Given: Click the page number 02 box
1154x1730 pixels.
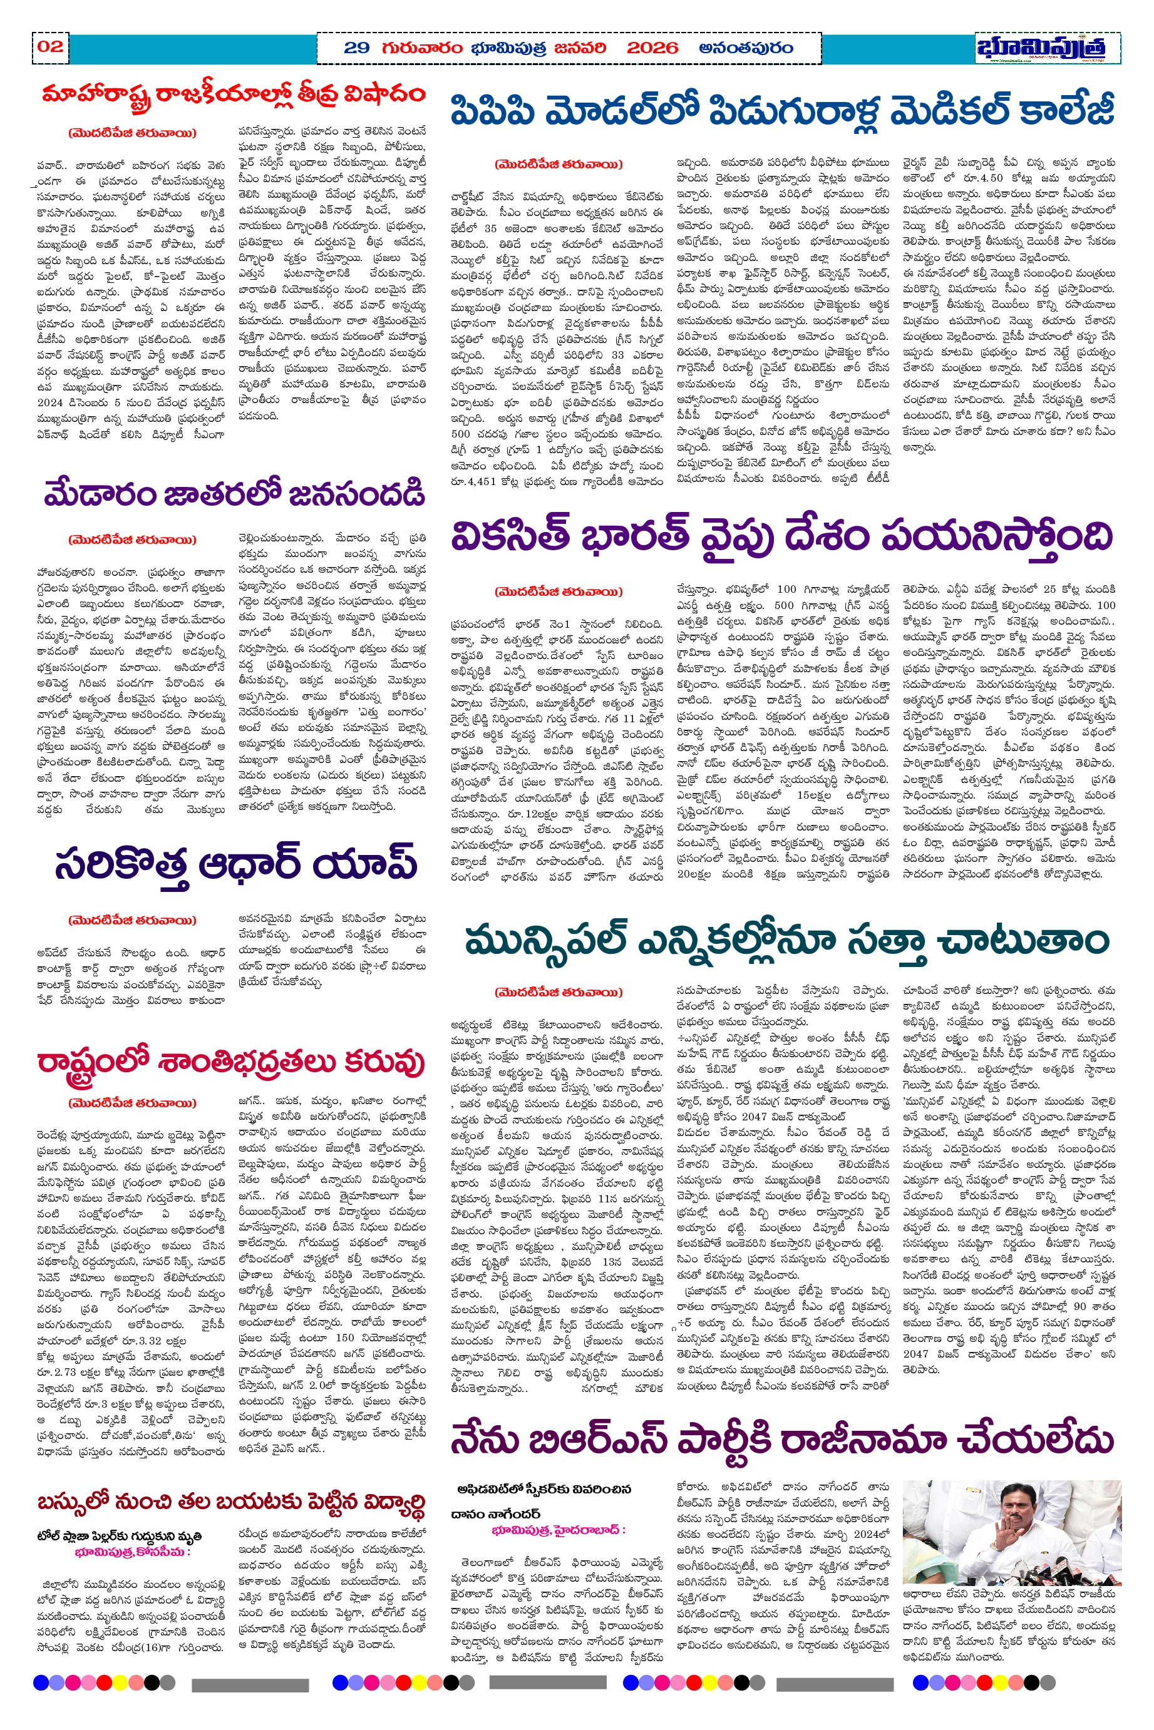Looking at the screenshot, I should tap(50, 46).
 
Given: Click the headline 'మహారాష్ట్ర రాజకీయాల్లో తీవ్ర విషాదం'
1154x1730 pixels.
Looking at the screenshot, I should tap(234, 96).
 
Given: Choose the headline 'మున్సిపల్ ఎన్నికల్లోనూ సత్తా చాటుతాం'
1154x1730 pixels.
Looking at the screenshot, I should tap(786, 941).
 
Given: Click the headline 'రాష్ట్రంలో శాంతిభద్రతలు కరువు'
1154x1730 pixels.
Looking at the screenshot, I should tap(231, 1062).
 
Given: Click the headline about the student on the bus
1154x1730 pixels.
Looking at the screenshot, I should tap(231, 1503).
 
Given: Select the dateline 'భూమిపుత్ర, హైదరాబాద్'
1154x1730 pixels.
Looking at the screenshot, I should tap(559, 1530).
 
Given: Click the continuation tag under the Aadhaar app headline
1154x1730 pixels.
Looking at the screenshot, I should tap(133, 920).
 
